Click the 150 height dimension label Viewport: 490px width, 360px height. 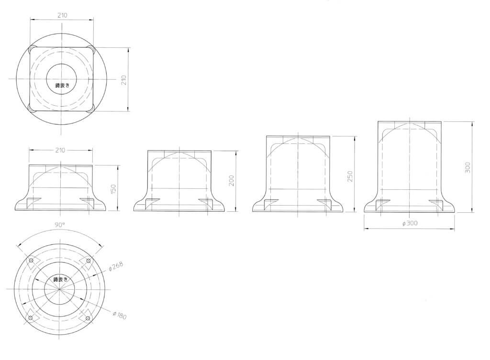tap(113, 188)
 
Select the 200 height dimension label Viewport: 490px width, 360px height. tap(232, 181)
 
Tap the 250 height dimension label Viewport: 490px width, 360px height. tap(350, 176)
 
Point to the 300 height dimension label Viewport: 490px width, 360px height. tap(468, 168)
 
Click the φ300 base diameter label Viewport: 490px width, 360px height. tap(410, 223)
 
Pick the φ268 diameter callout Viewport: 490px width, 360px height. tap(116, 266)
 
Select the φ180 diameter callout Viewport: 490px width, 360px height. tap(119, 315)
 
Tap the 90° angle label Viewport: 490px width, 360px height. tap(59, 225)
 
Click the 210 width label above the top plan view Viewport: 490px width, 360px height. tap(62, 15)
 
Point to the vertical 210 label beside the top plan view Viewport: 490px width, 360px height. tap(124, 80)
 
